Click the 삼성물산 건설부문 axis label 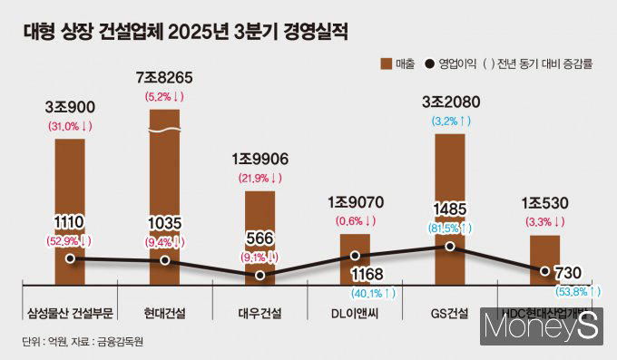click(70, 314)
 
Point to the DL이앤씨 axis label click(356, 314)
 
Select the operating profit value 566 click(260, 238)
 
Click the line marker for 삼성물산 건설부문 click(70, 258)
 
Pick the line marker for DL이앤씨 click(356, 257)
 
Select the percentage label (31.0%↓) click(70, 126)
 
